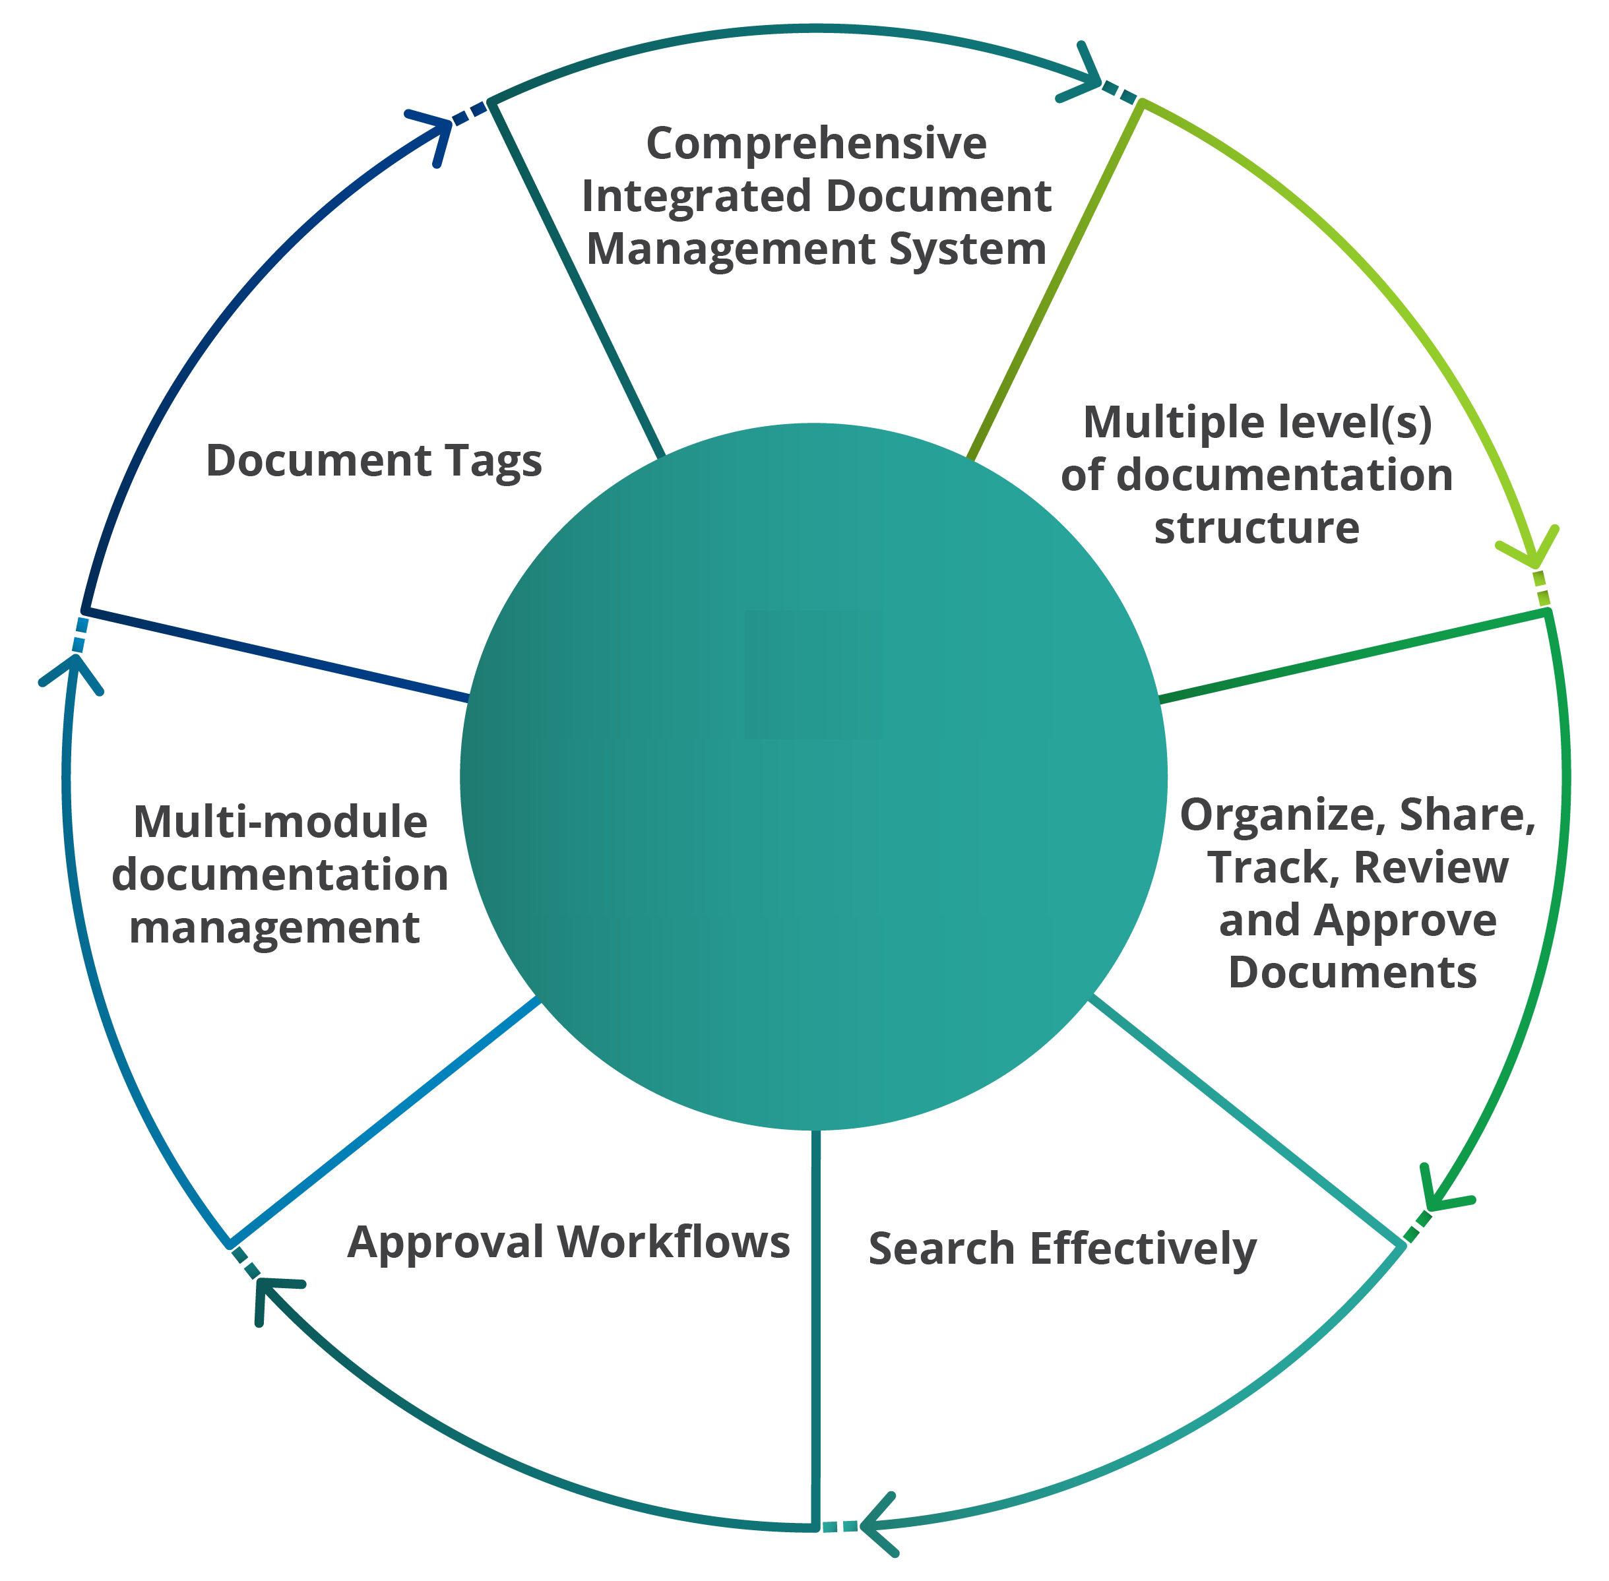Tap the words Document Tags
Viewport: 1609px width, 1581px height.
pos(374,461)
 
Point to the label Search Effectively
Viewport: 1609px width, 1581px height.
pos(1061,1249)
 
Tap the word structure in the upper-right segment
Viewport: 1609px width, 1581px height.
pos(1256,528)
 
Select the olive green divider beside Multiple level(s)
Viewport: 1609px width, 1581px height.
pos(1054,282)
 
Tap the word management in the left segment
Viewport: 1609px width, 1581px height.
pos(274,928)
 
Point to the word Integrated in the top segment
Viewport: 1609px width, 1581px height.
pos(696,197)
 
